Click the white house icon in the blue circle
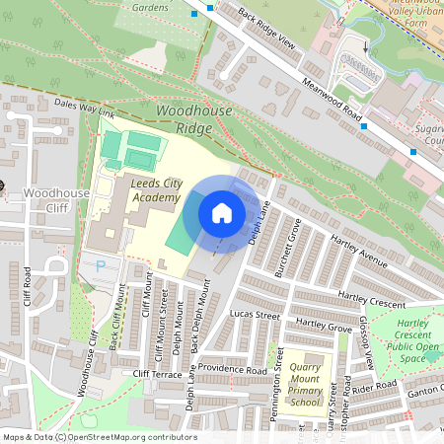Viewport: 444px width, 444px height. [x=221, y=213]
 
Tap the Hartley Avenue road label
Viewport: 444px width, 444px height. [x=360, y=259]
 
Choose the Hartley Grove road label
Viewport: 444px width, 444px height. [x=324, y=325]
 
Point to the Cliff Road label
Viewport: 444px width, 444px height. [x=27, y=287]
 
